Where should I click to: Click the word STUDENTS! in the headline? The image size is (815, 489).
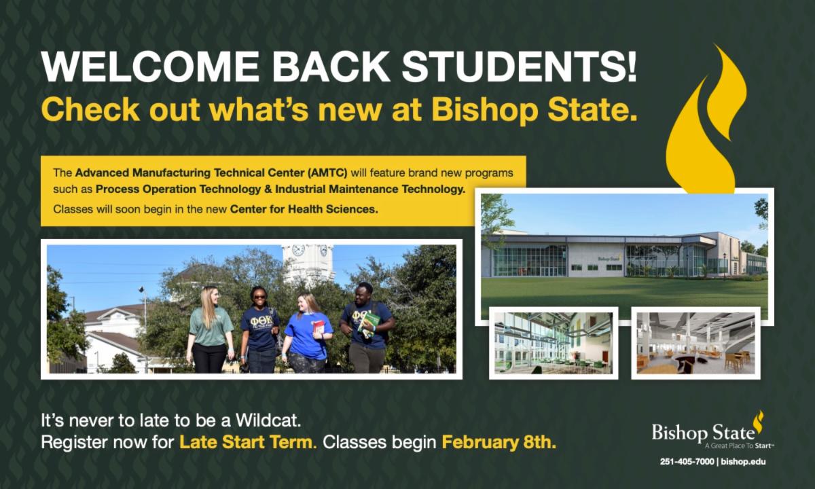520,67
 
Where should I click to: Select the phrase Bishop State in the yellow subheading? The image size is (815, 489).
534,110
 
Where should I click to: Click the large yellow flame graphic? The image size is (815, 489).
704,120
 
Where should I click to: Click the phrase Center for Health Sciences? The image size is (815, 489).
304,209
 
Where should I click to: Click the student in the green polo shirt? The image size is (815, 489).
210,329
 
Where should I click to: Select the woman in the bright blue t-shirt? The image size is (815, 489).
308,333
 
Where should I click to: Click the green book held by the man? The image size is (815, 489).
369,323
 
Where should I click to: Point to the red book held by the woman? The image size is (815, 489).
318,327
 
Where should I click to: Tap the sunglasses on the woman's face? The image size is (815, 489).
259,297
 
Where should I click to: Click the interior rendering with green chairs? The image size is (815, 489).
554,343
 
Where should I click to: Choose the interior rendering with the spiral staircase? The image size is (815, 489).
695,343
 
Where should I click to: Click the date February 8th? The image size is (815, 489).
499,442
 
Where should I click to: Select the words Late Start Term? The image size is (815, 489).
248,442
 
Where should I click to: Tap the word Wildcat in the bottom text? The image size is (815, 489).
268,420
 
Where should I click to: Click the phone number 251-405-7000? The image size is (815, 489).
687,462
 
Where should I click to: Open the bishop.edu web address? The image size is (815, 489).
743,462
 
